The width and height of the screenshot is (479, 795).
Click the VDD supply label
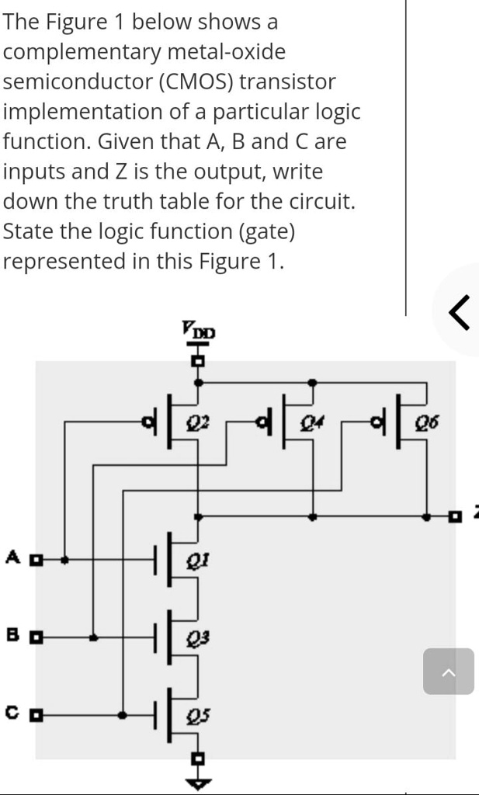[199, 331]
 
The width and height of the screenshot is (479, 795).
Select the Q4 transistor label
[311, 423]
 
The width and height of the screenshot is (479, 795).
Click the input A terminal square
[35, 558]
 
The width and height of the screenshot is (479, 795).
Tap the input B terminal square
[35, 638]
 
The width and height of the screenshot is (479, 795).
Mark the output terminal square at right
[456, 516]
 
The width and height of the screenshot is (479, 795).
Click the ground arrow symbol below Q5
[199, 783]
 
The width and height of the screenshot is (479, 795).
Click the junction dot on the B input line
[93, 638]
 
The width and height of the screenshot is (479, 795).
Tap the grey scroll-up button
[448, 671]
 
